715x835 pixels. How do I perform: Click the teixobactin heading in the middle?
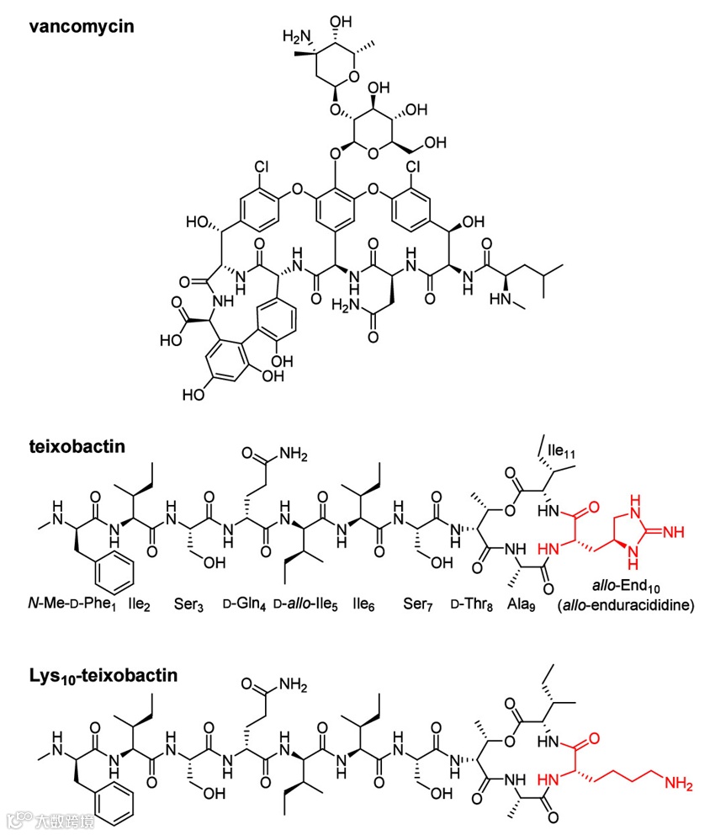(x=77, y=447)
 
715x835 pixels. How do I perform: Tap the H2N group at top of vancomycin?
(x=296, y=37)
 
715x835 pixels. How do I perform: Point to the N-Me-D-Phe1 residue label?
(x=70, y=605)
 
